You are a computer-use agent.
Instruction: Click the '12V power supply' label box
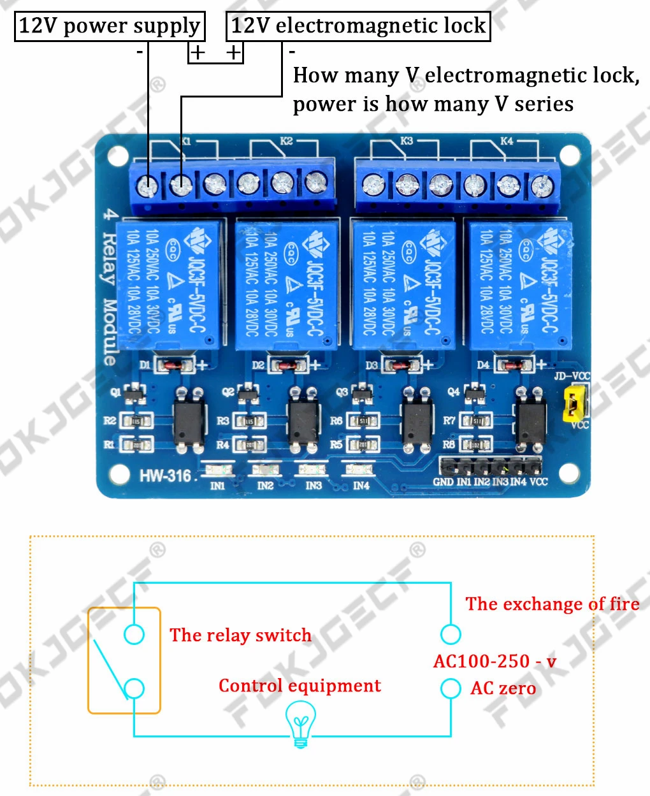[x=110, y=26]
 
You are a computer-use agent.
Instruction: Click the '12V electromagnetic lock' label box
[x=358, y=26]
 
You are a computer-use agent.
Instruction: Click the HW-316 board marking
[x=165, y=475]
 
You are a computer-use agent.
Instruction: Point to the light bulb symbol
[x=300, y=722]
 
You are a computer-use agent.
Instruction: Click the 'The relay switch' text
[x=240, y=635]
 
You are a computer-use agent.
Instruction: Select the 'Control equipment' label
[x=300, y=686]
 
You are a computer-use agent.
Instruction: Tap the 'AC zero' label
[x=503, y=688]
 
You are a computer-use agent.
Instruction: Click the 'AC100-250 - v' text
[x=495, y=662]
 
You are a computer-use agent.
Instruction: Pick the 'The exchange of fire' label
[x=552, y=604]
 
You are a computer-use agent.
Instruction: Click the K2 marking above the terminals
[x=286, y=141]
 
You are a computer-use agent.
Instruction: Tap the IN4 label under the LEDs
[x=361, y=486]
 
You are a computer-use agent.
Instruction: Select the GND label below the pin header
[x=443, y=482]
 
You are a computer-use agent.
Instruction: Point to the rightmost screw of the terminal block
[x=542, y=185]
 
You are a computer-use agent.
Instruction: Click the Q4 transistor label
[x=453, y=391]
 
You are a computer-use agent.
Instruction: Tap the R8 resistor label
[x=449, y=444]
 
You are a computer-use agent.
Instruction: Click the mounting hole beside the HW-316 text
[x=119, y=474]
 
